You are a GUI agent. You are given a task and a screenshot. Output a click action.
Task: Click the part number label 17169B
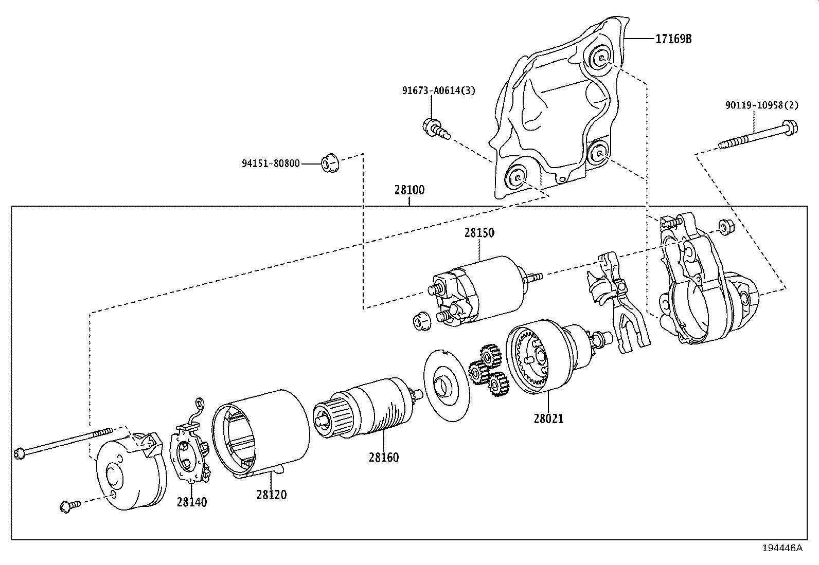click(673, 39)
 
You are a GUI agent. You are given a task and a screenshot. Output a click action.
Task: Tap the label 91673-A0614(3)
click(438, 91)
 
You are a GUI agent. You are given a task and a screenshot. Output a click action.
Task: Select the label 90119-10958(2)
click(762, 105)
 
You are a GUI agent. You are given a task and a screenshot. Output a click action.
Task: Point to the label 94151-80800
click(271, 164)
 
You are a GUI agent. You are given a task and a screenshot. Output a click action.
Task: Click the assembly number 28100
click(409, 190)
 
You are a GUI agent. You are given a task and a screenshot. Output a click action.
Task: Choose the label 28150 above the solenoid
click(479, 232)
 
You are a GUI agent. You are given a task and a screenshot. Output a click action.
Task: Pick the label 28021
click(548, 419)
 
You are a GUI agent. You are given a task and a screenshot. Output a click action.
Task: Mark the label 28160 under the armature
click(383, 457)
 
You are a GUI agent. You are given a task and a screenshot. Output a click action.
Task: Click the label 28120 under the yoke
click(272, 495)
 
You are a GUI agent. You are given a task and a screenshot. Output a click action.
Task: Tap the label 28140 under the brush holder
click(192, 502)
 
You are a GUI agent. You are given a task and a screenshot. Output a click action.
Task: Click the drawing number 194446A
click(782, 548)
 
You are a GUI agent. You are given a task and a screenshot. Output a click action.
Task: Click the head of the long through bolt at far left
click(19, 453)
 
